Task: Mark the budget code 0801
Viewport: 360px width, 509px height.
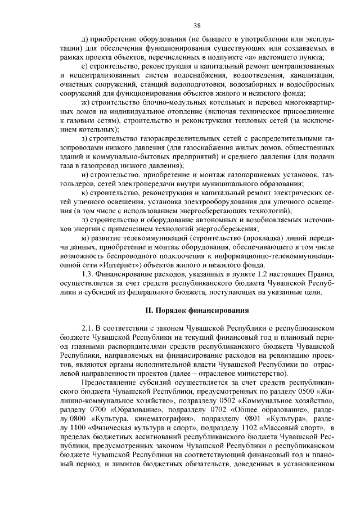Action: [x=241, y=418]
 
